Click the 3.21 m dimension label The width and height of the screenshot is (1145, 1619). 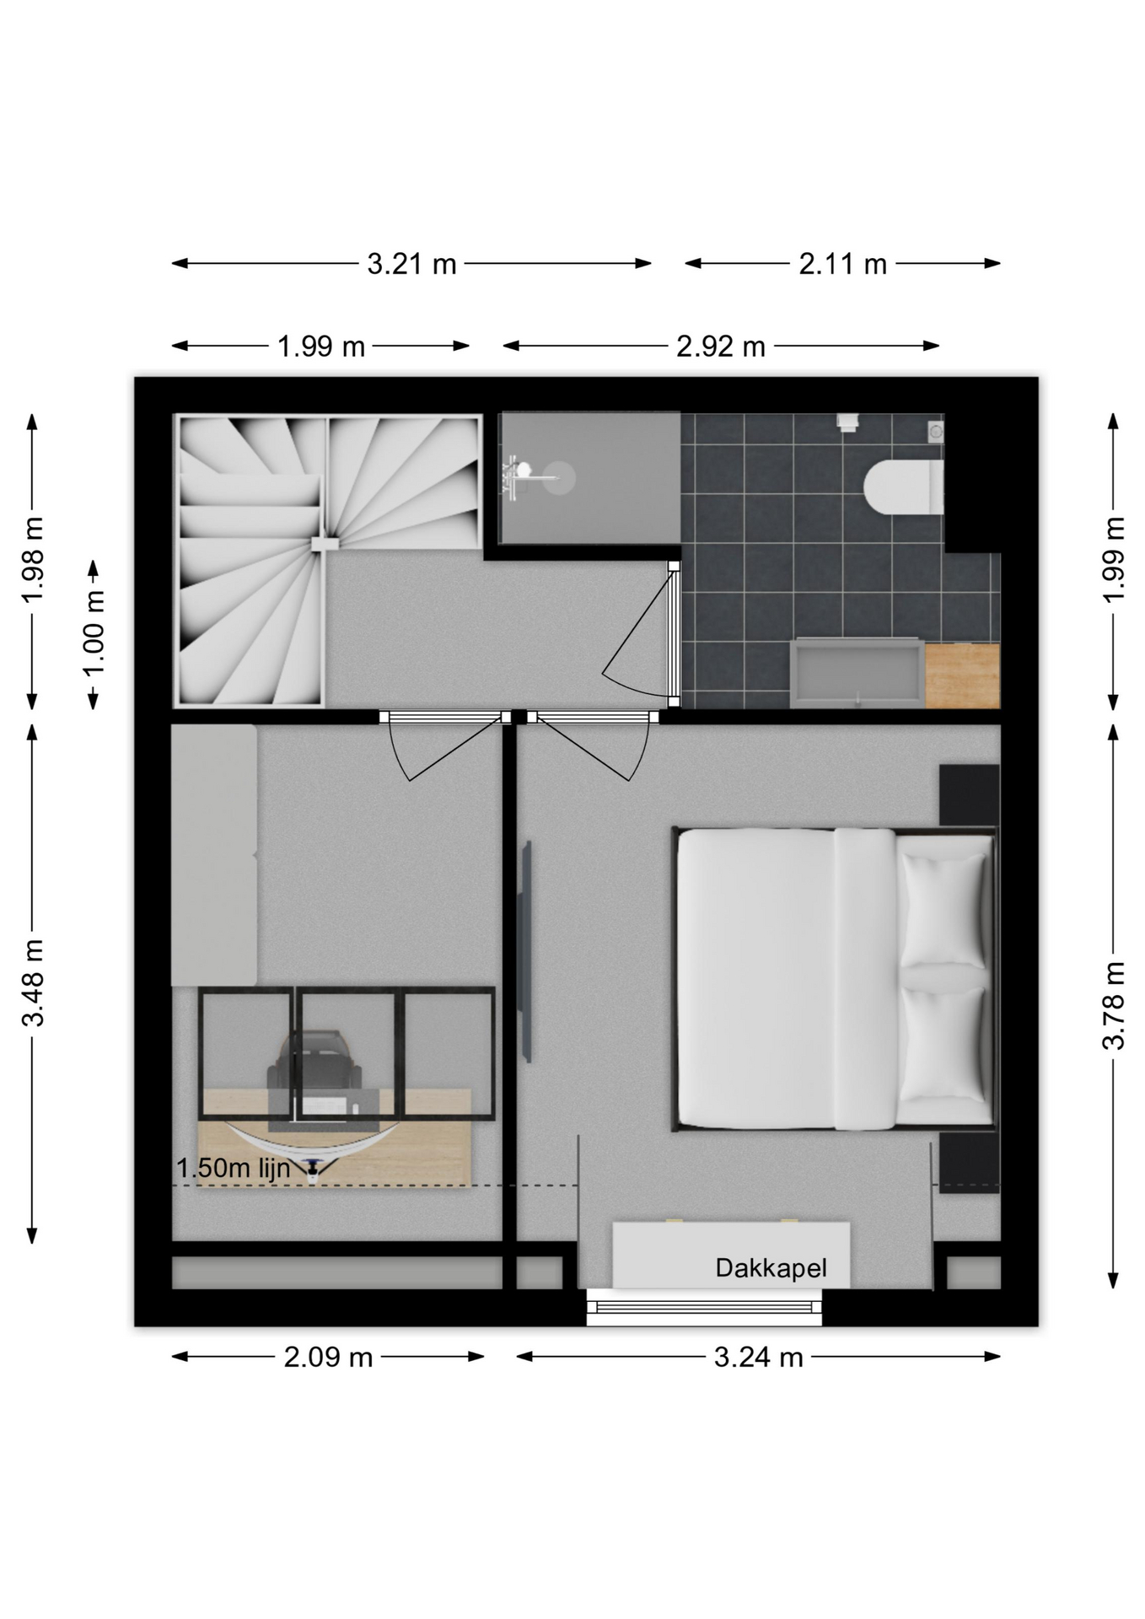411,265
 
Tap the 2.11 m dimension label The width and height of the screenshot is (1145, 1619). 843,265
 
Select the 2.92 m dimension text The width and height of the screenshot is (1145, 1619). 721,347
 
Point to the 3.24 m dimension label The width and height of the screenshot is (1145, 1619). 759,1357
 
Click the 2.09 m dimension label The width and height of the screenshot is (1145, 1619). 328,1357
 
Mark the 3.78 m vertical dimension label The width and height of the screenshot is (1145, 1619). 1114,1005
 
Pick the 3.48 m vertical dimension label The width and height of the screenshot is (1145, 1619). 33,982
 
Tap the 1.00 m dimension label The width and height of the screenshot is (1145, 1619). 94,633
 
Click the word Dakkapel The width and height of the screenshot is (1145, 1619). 771,1268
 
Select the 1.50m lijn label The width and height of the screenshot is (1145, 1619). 234,1168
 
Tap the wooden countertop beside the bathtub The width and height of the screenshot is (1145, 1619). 962,675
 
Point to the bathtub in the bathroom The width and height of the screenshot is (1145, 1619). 857,673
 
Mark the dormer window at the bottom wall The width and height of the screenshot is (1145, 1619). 704,1307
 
